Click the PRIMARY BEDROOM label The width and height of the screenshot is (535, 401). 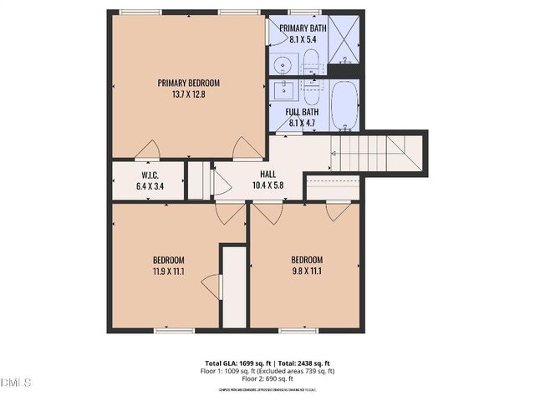(188, 83)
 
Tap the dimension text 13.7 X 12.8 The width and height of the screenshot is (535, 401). (188, 94)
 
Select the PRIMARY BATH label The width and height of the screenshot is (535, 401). (308, 28)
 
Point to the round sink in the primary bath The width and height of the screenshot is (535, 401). (282, 63)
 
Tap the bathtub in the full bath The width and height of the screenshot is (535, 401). (344, 105)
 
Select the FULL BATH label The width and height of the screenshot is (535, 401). (302, 112)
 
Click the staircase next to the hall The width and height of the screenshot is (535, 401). (376, 154)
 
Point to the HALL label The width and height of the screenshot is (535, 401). (267, 175)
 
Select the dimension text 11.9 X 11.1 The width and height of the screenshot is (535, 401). (168, 271)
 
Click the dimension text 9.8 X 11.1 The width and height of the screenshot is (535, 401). (306, 271)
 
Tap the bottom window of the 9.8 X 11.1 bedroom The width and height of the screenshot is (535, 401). (303, 331)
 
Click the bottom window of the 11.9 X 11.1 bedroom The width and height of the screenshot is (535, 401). (168, 331)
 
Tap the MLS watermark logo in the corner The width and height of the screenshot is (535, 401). (16, 383)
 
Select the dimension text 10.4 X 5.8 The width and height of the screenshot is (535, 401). (267, 185)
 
